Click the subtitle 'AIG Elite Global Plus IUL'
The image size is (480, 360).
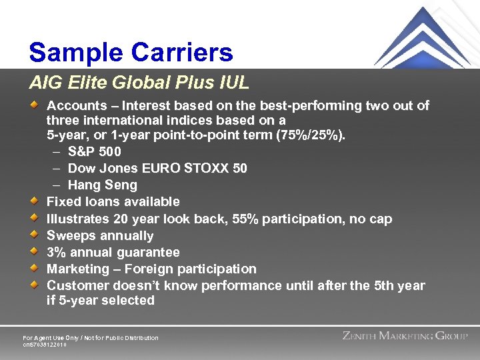(139, 83)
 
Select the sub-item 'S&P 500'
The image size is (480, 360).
(94, 152)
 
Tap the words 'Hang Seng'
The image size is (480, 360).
(102, 185)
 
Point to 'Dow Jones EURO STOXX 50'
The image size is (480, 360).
(157, 169)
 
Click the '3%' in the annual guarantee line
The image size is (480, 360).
(55, 253)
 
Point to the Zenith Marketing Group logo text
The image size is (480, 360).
(405, 336)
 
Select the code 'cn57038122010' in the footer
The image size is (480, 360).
(45, 345)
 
